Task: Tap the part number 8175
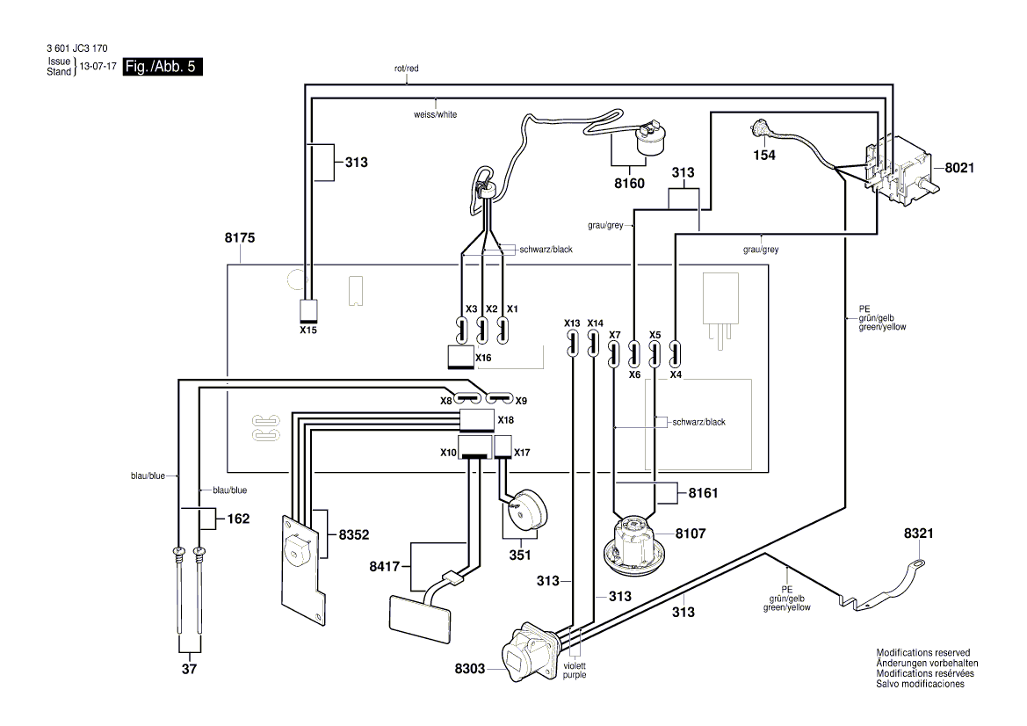point(242,237)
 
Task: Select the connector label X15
point(308,330)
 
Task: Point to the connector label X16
point(483,359)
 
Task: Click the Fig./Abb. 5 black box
point(163,67)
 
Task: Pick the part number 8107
point(691,533)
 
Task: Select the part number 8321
point(921,534)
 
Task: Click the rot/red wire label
point(408,67)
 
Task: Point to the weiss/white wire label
point(435,114)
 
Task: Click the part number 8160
point(630,184)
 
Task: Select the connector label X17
point(522,453)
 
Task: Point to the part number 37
point(190,671)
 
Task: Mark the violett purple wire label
point(575,670)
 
